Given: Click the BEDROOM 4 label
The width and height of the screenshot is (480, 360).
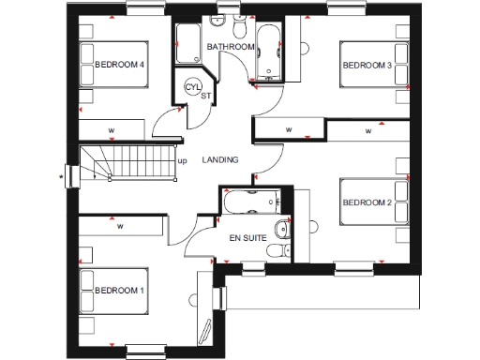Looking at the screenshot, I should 119,66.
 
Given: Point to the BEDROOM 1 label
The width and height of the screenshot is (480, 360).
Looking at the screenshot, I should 119,292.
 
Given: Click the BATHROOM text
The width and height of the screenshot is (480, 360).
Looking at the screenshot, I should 231,46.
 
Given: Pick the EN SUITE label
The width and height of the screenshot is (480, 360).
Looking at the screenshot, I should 247,238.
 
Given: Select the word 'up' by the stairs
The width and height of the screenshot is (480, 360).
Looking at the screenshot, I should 182,160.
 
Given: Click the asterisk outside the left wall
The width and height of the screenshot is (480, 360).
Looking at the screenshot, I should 61,174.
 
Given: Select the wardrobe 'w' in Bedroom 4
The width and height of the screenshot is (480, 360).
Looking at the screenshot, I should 111,128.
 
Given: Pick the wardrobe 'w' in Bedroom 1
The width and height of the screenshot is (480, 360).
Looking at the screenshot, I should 120,226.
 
